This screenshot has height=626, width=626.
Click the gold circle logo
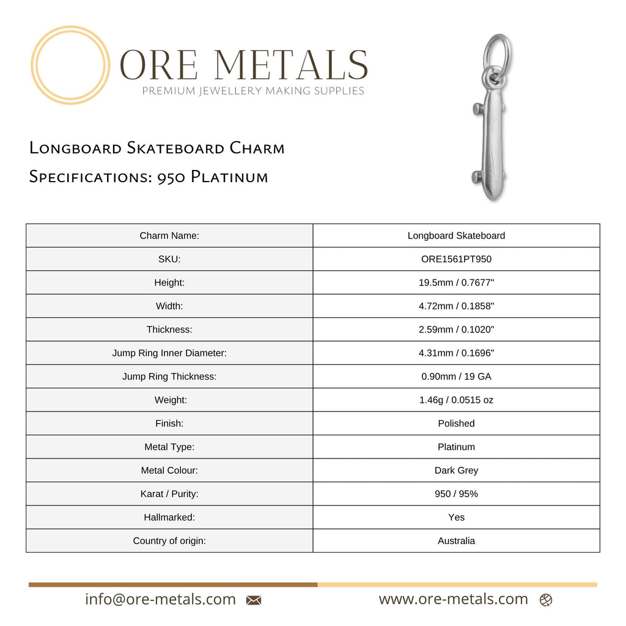70,65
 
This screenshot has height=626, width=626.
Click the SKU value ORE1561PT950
456,259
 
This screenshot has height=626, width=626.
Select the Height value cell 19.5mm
456,282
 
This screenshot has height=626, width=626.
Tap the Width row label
169,306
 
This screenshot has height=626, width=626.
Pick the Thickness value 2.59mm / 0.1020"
456,330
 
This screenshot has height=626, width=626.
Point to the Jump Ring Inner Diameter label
169,353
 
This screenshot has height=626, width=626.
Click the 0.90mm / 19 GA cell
456,377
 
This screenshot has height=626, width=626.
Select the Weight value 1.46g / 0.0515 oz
456,400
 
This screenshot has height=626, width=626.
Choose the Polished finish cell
456,424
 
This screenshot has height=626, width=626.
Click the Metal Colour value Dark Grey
456,471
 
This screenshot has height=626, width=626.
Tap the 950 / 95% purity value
456,494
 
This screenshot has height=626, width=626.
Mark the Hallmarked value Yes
456,518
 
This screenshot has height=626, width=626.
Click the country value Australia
456,541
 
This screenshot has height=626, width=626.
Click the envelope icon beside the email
254,600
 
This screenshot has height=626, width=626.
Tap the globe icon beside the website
546,600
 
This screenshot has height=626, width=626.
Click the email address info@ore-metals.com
160,600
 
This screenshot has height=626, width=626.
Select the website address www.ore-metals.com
453,600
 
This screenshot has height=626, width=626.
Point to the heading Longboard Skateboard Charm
157,148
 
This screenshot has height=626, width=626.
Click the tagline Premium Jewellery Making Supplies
253,91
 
